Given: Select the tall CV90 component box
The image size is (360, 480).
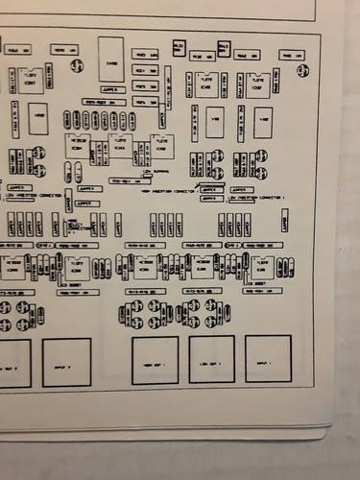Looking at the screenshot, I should (x=111, y=59).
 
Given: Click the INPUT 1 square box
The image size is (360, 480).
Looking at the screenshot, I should (x=268, y=358).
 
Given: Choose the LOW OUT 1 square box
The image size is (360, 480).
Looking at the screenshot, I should (x=211, y=359).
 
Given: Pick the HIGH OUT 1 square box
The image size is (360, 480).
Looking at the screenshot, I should (x=155, y=360).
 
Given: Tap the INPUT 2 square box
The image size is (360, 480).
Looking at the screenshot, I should (x=66, y=362).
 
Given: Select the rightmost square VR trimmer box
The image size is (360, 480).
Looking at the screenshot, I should (x=262, y=122).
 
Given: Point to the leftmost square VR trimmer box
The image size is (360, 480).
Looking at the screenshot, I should (x=37, y=120).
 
